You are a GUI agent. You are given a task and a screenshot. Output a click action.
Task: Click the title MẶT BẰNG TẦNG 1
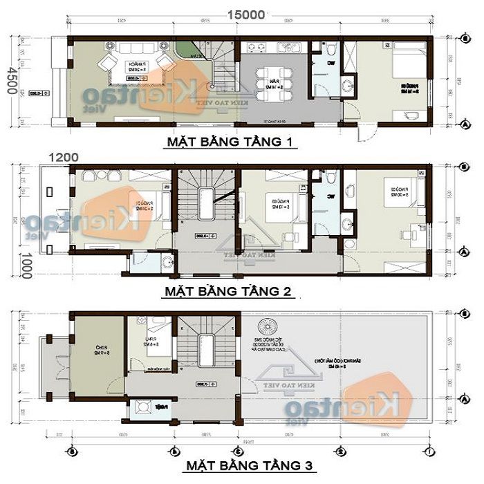coord(230,143)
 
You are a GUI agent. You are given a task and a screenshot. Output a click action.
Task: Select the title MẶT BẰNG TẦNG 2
coord(229,291)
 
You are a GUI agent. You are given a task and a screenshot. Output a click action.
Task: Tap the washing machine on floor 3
coord(146,407)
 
